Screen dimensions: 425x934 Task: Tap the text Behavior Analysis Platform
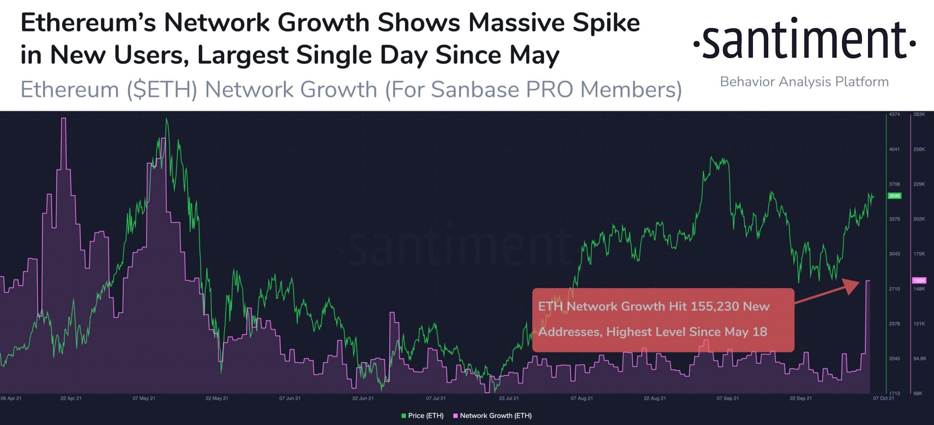pyautogui.click(x=804, y=82)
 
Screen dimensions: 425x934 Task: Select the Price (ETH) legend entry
pyautogui.click(x=422, y=416)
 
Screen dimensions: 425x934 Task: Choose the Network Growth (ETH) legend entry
pyautogui.click(x=492, y=416)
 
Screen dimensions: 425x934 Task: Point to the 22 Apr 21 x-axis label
pyautogui.click(x=71, y=398)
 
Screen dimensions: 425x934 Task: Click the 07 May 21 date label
pyautogui.click(x=144, y=398)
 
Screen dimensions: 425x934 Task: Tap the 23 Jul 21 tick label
pyautogui.click(x=509, y=398)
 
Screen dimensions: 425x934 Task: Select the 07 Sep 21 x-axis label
pyautogui.click(x=727, y=398)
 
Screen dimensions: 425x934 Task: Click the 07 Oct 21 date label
pyautogui.click(x=883, y=398)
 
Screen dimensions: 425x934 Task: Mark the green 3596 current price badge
pyautogui.click(x=894, y=196)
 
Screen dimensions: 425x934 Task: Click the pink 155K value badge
pyautogui.click(x=919, y=281)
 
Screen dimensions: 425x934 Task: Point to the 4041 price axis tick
pyautogui.click(x=894, y=149)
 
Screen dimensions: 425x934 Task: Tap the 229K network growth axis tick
pyautogui.click(x=919, y=184)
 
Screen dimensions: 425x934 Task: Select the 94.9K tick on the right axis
pyautogui.click(x=920, y=359)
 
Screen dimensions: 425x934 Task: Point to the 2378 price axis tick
pyautogui.click(x=894, y=324)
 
